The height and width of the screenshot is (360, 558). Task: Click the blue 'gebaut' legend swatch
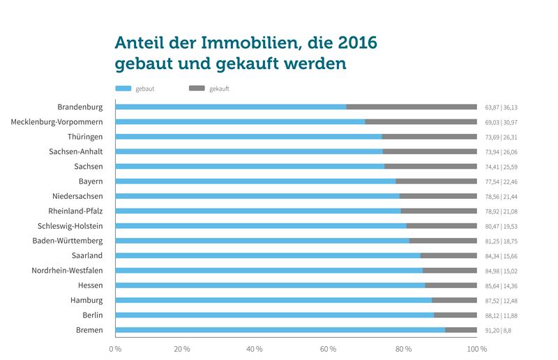click(x=123, y=89)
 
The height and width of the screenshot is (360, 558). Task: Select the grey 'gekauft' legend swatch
click(x=197, y=89)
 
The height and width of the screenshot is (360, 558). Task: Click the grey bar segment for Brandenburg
click(x=412, y=107)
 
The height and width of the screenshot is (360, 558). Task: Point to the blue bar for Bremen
click(x=280, y=330)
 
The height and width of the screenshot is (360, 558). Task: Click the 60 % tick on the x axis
click(x=328, y=348)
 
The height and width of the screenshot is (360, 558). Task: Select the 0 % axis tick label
click(x=115, y=348)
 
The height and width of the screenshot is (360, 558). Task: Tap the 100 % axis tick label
click(x=477, y=348)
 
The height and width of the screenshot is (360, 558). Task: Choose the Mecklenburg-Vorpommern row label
click(x=57, y=121)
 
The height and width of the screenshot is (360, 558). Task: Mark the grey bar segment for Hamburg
click(x=454, y=300)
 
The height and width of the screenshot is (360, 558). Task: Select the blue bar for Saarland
click(x=268, y=255)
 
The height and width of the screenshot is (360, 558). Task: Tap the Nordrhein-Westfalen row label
click(x=68, y=270)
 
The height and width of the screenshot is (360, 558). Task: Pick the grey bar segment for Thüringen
click(x=429, y=137)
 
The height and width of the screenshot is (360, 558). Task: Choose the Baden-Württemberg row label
click(x=68, y=241)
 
